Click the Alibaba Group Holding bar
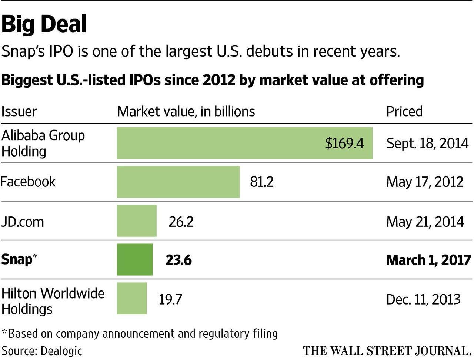point(244,143)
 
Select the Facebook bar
point(178,182)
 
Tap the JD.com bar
point(137,221)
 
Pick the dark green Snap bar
point(135,259)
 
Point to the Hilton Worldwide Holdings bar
point(132,298)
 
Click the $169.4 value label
point(344,143)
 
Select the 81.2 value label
point(262,182)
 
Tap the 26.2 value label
point(181,222)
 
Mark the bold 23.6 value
point(178,260)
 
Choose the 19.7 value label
point(170,299)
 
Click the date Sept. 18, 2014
point(427,144)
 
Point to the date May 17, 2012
point(425,182)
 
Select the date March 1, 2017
point(428,260)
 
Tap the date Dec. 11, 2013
point(423,299)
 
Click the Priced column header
point(404,111)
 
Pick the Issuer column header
point(19,111)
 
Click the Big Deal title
point(44,24)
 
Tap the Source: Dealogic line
point(41,351)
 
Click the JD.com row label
point(23,222)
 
